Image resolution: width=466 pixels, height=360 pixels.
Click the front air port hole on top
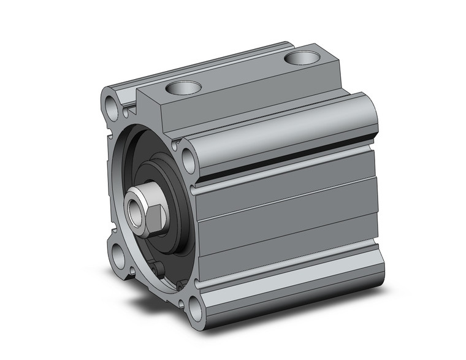coord(183,88)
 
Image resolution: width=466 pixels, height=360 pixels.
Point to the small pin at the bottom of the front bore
coord(159,269)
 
